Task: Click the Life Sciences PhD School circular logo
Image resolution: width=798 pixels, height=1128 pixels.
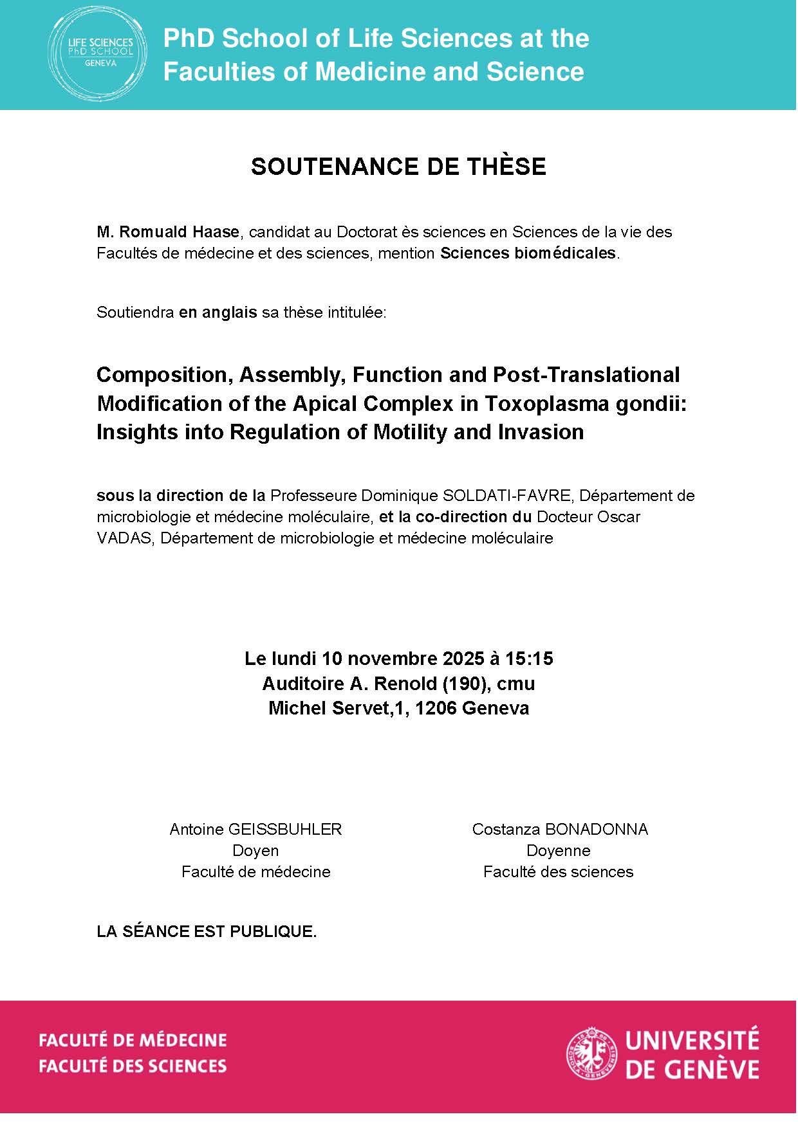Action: pyautogui.click(x=97, y=55)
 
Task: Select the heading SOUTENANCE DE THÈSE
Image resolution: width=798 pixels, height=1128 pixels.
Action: pyautogui.click(x=398, y=167)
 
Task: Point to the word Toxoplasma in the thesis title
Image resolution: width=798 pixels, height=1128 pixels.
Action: pyautogui.click(x=538, y=403)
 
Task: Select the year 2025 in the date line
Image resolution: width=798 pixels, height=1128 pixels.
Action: pyautogui.click(x=463, y=659)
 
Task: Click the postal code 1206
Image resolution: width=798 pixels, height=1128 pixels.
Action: pyautogui.click(x=436, y=708)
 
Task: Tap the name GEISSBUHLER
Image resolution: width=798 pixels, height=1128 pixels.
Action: pyautogui.click(x=285, y=829)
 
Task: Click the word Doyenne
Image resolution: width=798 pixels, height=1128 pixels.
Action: pyautogui.click(x=558, y=850)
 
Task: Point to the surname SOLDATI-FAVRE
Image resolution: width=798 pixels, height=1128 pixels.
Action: pyautogui.click(x=506, y=495)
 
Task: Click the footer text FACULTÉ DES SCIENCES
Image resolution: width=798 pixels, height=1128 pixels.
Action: pyautogui.click(x=133, y=1066)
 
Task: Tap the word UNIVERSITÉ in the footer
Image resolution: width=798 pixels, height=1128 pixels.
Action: pyautogui.click(x=692, y=1040)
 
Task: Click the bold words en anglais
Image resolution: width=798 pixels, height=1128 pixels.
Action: pyautogui.click(x=218, y=313)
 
